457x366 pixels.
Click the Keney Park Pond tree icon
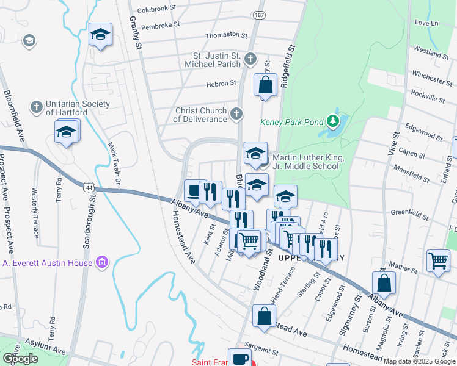point(333,121)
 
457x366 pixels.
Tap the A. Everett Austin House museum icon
point(102,263)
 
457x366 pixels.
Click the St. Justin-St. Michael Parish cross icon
point(249,59)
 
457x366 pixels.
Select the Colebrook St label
point(156,9)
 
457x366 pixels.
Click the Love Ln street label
point(426,23)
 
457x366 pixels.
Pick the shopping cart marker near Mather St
point(438,260)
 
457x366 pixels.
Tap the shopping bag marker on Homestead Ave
point(264,316)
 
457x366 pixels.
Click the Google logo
point(21,359)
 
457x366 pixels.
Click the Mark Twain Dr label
point(112,164)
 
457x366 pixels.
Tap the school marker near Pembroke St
point(100,35)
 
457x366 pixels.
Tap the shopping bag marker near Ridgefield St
point(265,85)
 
